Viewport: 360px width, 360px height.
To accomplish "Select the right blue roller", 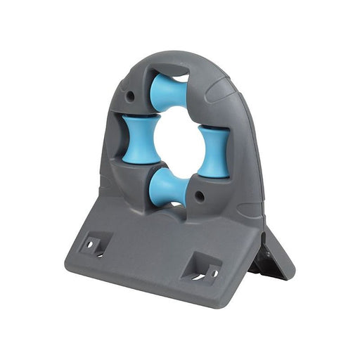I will (x=213, y=150).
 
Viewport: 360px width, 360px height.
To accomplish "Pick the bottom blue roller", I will (x=169, y=189).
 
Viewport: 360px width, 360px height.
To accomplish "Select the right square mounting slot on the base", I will (x=205, y=268).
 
